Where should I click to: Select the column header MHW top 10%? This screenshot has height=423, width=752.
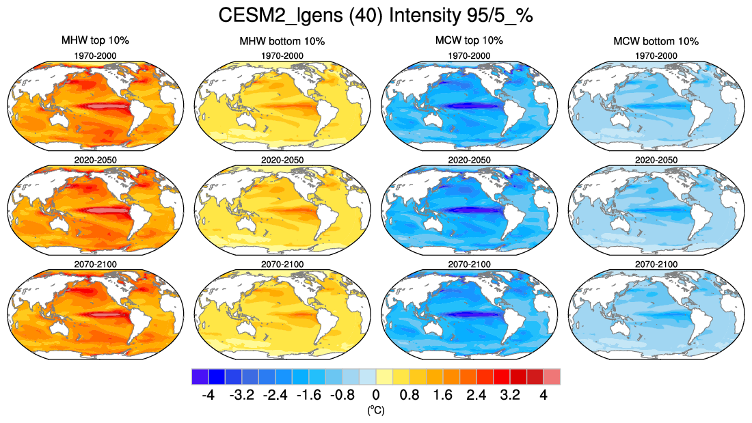tap(95, 41)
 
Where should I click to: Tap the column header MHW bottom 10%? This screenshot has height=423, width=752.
tap(282, 42)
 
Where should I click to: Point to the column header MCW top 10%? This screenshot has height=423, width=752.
tap(469, 41)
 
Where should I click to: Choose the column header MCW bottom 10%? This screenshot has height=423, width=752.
tap(656, 42)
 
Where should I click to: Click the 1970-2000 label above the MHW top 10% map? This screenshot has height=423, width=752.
tap(95, 55)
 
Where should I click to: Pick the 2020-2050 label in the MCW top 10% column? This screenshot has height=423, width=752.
tap(469, 160)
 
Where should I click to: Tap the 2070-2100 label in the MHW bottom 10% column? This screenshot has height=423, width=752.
tap(282, 264)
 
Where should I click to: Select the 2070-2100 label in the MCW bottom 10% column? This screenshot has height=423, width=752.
tap(656, 264)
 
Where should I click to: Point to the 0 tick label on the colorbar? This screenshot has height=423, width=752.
tap(375, 395)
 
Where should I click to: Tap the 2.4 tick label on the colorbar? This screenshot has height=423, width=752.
tap(476, 395)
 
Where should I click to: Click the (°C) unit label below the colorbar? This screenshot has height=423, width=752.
tap(375, 410)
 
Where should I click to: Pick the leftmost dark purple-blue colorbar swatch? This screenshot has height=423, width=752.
tap(200, 376)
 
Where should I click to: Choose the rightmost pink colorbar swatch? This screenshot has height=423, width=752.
tap(552, 376)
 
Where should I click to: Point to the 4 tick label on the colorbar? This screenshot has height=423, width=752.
tap(543, 395)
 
